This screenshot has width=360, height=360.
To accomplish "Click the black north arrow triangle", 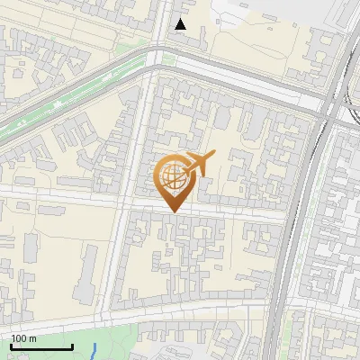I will (181, 23).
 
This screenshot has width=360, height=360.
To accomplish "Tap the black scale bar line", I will (41, 346).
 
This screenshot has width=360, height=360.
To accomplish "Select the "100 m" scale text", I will (23, 338).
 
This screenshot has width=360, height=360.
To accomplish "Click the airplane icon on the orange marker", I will (199, 164).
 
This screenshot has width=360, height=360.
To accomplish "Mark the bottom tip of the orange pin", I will (172, 212).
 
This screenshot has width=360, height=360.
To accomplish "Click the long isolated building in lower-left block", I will (87, 270).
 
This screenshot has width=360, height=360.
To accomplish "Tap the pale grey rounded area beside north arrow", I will (236, 14).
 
